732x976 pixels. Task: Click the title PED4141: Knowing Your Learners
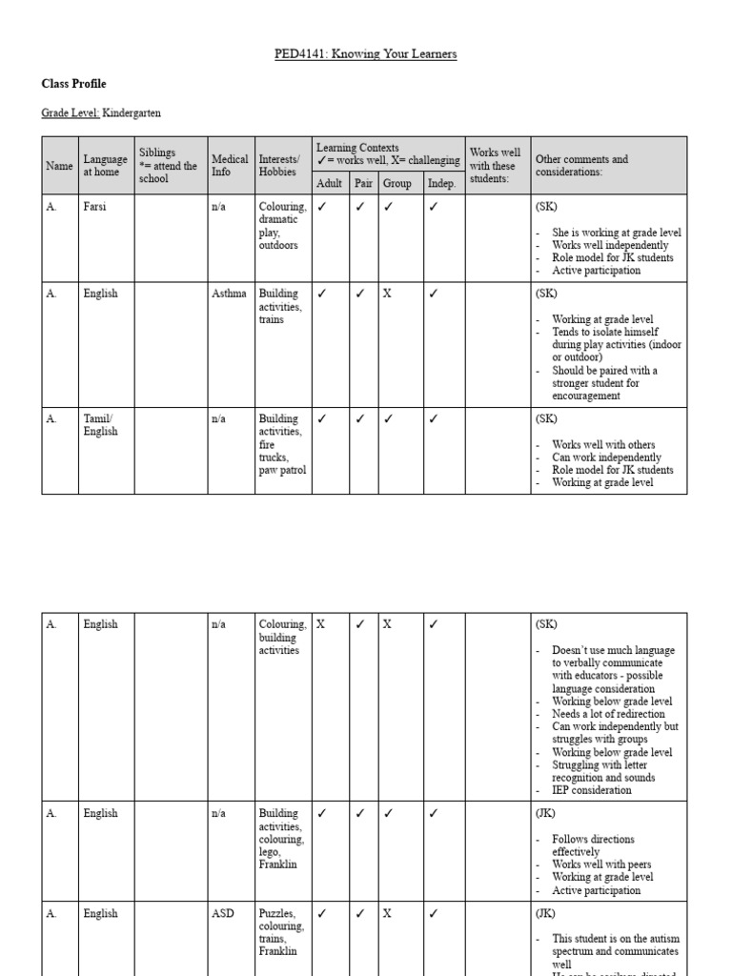pos(366,54)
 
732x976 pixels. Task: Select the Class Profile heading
pos(73,84)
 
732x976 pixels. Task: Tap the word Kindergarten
pos(132,113)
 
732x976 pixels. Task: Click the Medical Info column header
pos(230,166)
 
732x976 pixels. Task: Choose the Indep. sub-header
pos(440,183)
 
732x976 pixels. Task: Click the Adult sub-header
pos(331,183)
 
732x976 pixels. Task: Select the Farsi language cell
pos(96,207)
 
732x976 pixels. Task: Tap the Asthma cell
pos(228,295)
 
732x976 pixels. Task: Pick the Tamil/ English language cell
pos(100,425)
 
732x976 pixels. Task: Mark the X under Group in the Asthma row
pos(387,295)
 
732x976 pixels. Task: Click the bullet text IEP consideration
pos(591,790)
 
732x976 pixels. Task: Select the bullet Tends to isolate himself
pos(610,333)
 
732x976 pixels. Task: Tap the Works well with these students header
pos(497,166)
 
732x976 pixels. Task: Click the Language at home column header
pos(105,166)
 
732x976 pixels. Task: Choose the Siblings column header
pos(168,166)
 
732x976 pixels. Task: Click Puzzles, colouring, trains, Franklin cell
pos(281,932)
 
